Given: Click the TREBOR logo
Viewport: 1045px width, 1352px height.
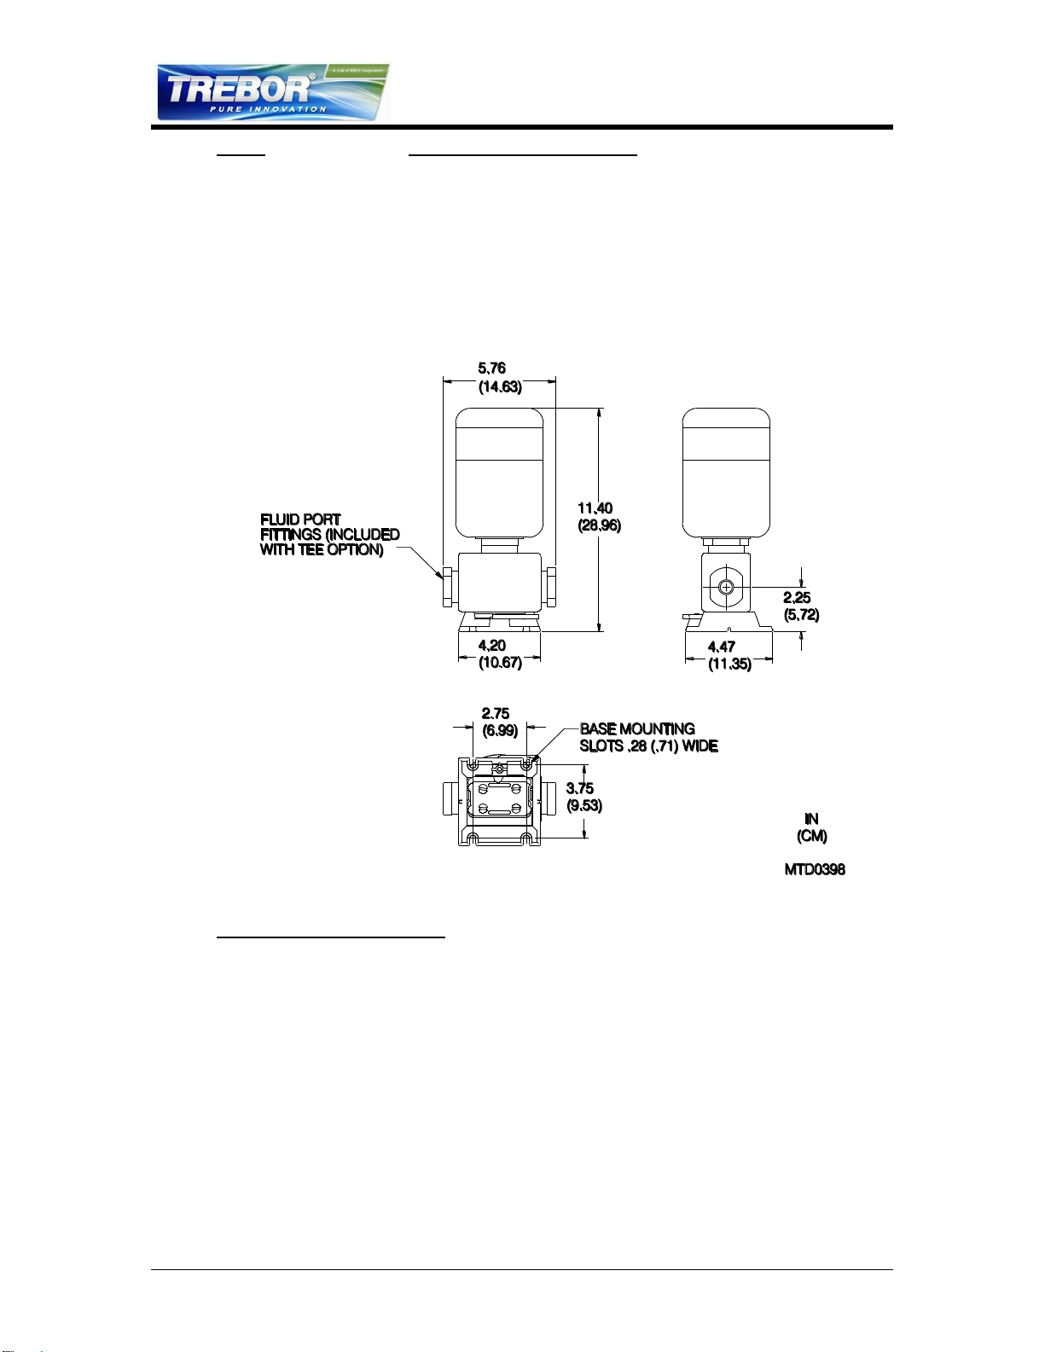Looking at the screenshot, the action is [272, 92].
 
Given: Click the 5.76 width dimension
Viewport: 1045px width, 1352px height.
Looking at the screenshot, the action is [491, 368].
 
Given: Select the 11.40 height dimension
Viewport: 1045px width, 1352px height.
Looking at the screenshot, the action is [595, 508].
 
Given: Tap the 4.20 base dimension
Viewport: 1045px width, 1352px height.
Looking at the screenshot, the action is [492, 646].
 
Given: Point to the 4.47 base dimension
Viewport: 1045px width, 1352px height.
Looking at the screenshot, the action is [722, 647].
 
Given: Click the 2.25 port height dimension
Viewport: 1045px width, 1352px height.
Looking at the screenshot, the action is [797, 598].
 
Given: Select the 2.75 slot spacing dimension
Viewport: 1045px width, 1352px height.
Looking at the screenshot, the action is [496, 714].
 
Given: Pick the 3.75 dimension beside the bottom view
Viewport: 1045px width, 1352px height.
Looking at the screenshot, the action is [580, 789].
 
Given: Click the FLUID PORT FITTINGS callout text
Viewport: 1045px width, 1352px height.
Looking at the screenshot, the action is [329, 535].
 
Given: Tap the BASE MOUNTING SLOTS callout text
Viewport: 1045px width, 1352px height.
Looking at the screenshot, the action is [648, 738].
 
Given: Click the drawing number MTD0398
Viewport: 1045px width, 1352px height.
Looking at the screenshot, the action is [815, 870].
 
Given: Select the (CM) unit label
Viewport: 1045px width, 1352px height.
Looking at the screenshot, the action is [811, 837].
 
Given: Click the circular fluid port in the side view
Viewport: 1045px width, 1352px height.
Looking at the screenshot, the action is [726, 587].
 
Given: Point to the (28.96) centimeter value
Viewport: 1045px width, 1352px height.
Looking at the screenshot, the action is [600, 525].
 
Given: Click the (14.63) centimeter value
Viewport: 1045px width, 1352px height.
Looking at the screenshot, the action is [500, 386].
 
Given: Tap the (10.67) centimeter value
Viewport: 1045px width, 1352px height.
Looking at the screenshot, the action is [500, 663].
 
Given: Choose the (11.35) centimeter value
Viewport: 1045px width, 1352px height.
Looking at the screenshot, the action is [729, 664].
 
